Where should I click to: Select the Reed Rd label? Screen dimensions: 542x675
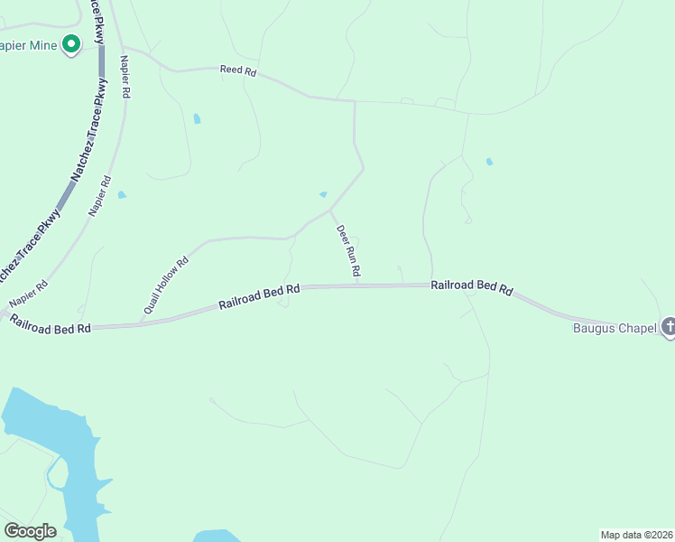coord(238,71)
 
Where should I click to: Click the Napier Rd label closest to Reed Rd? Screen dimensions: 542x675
coord(125,77)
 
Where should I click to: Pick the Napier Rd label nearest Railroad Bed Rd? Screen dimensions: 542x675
coord(28,297)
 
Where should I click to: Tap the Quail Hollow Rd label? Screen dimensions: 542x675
coord(164,285)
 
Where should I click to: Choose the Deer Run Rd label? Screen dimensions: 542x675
coord(349,250)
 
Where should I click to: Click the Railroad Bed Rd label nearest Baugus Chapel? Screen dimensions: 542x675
coord(471,287)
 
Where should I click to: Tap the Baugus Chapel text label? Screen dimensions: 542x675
coord(615,328)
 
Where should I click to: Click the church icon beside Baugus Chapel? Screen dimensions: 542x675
coord(669,327)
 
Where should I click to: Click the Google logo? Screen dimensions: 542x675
coord(30,531)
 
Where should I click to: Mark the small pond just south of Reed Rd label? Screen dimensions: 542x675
coord(197,118)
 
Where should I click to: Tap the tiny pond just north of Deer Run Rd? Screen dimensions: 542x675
coord(323,194)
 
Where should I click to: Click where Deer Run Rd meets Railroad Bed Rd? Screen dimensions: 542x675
coord(357,285)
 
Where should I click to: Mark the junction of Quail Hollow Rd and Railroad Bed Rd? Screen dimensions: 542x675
coord(141,322)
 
